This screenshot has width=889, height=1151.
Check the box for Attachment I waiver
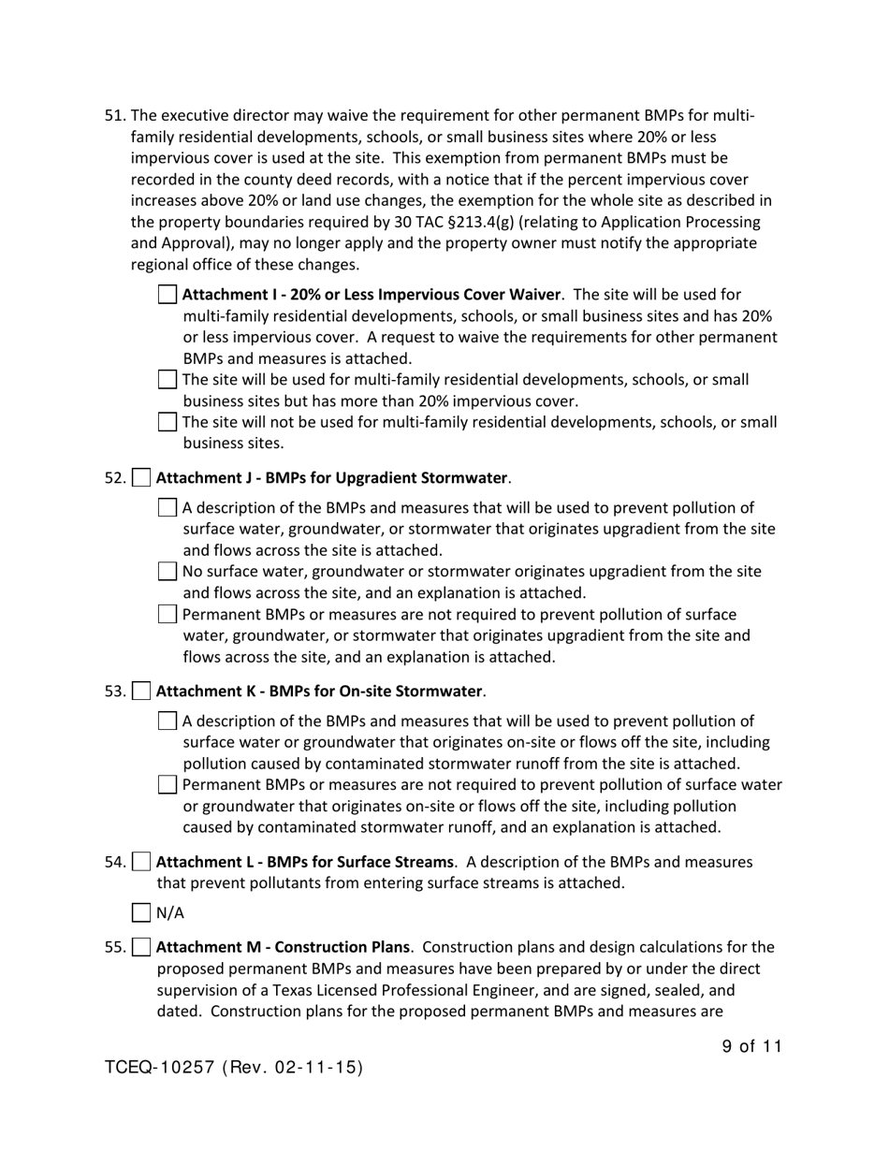167,295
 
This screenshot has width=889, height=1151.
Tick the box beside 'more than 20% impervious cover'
167,380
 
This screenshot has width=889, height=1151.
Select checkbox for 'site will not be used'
167,422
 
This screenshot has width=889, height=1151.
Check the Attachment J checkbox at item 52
141,478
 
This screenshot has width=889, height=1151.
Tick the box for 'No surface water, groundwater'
167,572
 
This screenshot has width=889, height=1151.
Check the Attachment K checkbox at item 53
141,692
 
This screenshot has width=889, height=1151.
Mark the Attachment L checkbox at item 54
141,862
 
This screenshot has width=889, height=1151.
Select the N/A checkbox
141,913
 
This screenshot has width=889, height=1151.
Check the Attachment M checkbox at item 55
141,947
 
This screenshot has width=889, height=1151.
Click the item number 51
114,116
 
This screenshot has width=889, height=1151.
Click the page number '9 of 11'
751,1047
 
